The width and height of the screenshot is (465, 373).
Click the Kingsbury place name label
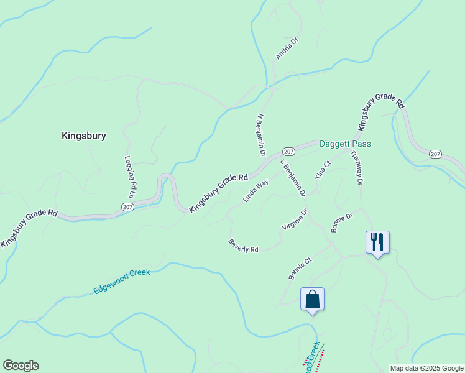pos(84,136)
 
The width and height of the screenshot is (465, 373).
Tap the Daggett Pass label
pos(345,144)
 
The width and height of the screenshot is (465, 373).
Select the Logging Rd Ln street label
pos(130,176)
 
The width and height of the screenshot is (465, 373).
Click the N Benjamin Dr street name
pos(262,135)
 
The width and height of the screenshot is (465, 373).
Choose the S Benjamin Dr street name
pos(293,178)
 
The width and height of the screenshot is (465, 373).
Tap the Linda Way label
pos(256,191)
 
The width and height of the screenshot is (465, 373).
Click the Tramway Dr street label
pos(356,168)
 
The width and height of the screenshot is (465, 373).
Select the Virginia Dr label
pos(295,219)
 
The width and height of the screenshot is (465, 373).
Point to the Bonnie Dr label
pos(342,223)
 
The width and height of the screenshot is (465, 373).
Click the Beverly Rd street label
pos(243,246)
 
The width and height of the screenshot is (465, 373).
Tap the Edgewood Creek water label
pos(122,282)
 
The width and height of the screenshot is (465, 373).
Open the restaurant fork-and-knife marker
pos(377,241)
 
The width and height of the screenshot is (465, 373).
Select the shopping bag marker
pos(312,299)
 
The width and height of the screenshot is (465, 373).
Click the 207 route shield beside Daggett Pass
pos(288,152)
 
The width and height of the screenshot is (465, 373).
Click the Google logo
pos(21,366)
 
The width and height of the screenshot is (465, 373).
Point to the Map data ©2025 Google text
pos(426,368)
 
